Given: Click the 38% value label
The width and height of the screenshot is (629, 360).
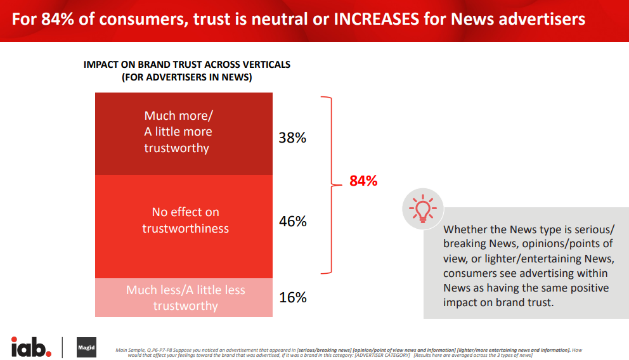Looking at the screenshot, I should (292, 138).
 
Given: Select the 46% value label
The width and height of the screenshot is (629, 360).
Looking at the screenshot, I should (292, 221).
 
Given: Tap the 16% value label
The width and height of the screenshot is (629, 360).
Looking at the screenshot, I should (292, 297).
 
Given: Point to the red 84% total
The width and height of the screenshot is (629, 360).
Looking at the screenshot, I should (363, 181).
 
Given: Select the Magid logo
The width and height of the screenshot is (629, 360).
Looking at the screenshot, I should (86, 347).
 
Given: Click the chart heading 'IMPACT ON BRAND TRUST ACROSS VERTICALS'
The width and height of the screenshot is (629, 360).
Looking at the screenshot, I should (187, 65).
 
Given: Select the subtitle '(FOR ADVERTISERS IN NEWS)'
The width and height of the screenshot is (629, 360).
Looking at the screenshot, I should (187, 77).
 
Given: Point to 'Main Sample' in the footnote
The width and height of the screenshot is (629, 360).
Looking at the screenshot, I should (131, 349).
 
